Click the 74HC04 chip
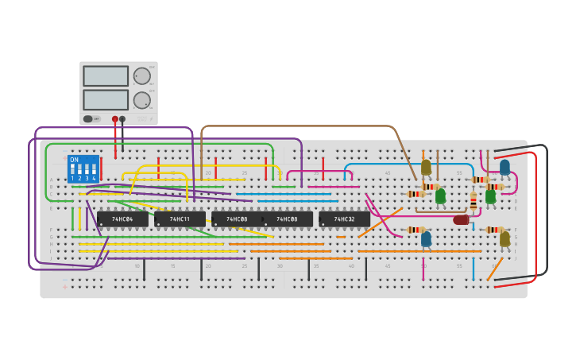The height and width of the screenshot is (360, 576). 122,219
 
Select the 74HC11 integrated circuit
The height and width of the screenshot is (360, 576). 180,219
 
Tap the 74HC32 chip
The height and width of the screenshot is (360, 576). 344,219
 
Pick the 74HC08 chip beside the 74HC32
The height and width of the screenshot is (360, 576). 287,219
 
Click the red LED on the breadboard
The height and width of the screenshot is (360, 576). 461,219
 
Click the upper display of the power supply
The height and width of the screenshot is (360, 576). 106,76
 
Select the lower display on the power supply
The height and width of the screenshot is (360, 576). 106,100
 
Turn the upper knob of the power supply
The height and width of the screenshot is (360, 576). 141,76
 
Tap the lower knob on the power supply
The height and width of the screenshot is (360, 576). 141,100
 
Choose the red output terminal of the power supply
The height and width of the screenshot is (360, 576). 115,119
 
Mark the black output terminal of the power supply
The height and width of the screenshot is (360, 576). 122,119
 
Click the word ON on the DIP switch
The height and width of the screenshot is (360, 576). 74,160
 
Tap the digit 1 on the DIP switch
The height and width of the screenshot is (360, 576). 72,179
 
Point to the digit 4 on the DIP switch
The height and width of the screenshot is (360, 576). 94,179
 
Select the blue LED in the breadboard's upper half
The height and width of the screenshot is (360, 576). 504,167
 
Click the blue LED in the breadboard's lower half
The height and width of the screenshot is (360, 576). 426,238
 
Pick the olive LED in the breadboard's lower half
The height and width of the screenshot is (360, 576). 504,238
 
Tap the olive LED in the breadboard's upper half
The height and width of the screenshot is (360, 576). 426,167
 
